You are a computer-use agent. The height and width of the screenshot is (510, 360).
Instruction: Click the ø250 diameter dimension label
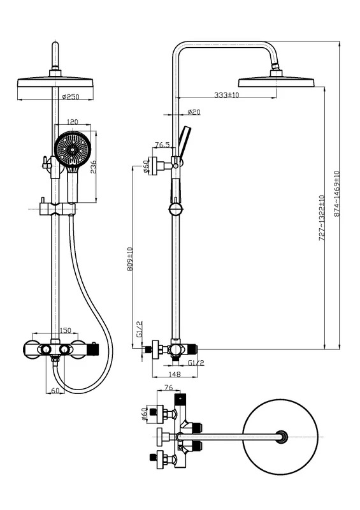pyautogui.click(x=71, y=97)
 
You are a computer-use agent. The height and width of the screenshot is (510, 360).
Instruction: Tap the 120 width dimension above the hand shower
pyautogui.click(x=72, y=122)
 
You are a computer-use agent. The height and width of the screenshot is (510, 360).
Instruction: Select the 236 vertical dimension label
pyautogui.click(x=93, y=166)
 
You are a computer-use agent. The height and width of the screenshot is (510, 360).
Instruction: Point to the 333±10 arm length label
pyautogui.click(x=227, y=94)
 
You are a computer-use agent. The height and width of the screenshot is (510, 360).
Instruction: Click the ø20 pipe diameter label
pyautogui.click(x=194, y=112)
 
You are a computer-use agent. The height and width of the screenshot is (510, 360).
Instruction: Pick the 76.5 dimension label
pyautogui.click(x=162, y=145)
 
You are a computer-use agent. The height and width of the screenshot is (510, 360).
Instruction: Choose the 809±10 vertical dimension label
pyautogui.click(x=130, y=259)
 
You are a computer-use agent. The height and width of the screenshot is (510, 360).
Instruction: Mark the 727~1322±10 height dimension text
pyautogui.click(x=322, y=218)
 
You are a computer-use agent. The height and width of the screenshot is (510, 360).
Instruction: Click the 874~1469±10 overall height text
pyautogui.click(x=336, y=194)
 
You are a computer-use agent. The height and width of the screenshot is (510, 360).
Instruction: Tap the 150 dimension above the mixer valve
pyautogui.click(x=66, y=330)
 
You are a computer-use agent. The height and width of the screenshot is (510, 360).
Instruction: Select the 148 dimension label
pyautogui.click(x=175, y=374)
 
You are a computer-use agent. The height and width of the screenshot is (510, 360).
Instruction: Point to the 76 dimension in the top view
pyautogui.click(x=168, y=388)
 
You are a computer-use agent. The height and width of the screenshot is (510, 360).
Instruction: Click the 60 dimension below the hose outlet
pyautogui.click(x=55, y=390)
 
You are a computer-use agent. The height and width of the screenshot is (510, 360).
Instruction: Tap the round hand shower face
pyautogui.click(x=73, y=150)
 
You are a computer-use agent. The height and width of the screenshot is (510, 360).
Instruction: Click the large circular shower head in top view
pyautogui.click(x=280, y=437)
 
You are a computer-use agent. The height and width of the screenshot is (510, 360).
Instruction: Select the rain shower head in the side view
pyautogui.click(x=277, y=82)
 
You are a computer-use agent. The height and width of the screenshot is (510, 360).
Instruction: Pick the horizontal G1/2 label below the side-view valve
pyautogui.click(x=196, y=363)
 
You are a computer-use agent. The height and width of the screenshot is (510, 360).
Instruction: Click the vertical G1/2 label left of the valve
pyautogui.click(x=140, y=329)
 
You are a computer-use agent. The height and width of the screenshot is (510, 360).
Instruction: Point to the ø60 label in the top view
pyautogui.click(x=145, y=414)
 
